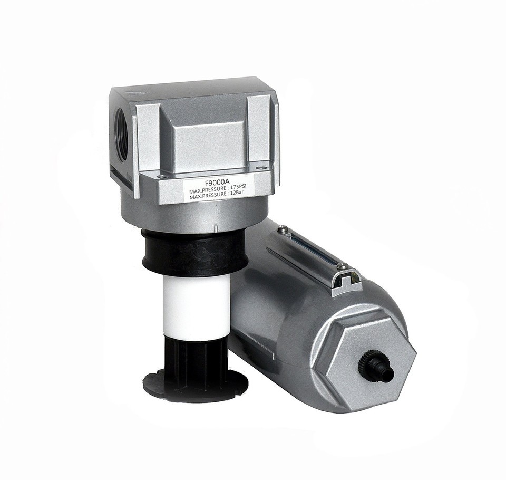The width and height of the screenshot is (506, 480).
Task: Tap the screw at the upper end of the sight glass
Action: [x=282, y=228]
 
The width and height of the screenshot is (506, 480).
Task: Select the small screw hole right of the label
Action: [x=258, y=168]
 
